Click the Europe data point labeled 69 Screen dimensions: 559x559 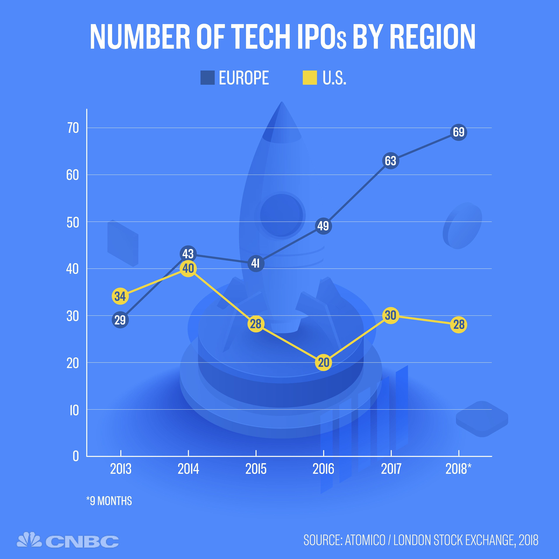click(459, 132)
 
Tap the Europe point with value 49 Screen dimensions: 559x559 click(323, 226)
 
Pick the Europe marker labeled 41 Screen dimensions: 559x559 click(256, 263)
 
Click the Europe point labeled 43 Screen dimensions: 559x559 click(188, 254)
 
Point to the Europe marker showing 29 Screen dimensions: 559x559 click(120, 320)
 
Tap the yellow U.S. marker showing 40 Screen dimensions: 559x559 click(188, 268)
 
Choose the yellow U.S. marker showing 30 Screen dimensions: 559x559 click(391, 315)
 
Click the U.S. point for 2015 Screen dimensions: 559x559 click(256, 324)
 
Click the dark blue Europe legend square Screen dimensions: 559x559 click(207, 78)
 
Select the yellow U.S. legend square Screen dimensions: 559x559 click(310, 78)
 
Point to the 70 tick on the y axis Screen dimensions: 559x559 click(73, 128)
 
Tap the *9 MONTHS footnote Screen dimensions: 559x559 click(109, 501)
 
